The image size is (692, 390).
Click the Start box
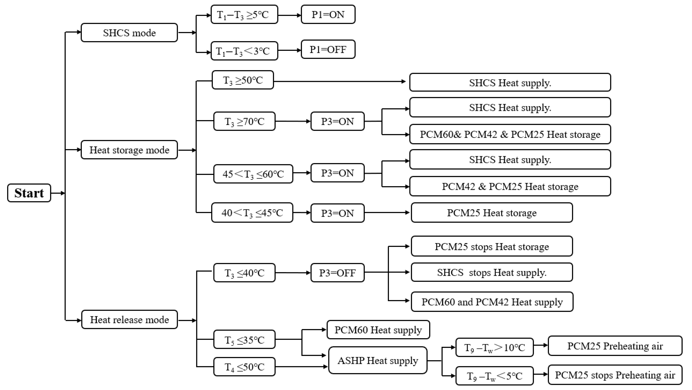tap(29, 193)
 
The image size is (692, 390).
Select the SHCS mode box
tap(129, 33)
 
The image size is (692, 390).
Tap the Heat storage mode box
tap(129, 150)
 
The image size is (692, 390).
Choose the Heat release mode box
tap(129, 320)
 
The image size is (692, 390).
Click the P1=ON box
tap(328, 14)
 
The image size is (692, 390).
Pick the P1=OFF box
tap(328, 49)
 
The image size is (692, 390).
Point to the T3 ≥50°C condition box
tap(243, 80)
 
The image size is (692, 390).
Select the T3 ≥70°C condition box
tap(244, 121)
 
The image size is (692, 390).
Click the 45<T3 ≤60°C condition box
tap(253, 174)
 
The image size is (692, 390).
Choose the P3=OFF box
tap(337, 273)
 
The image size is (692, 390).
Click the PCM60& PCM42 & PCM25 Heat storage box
tap(510, 134)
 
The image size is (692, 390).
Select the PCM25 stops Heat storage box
tap(492, 246)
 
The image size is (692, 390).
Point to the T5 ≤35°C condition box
tap(244, 339)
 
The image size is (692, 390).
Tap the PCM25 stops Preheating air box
tap(615, 375)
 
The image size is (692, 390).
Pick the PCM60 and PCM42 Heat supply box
tap(492, 302)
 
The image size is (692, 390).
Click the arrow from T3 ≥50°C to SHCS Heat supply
tap(340, 81)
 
